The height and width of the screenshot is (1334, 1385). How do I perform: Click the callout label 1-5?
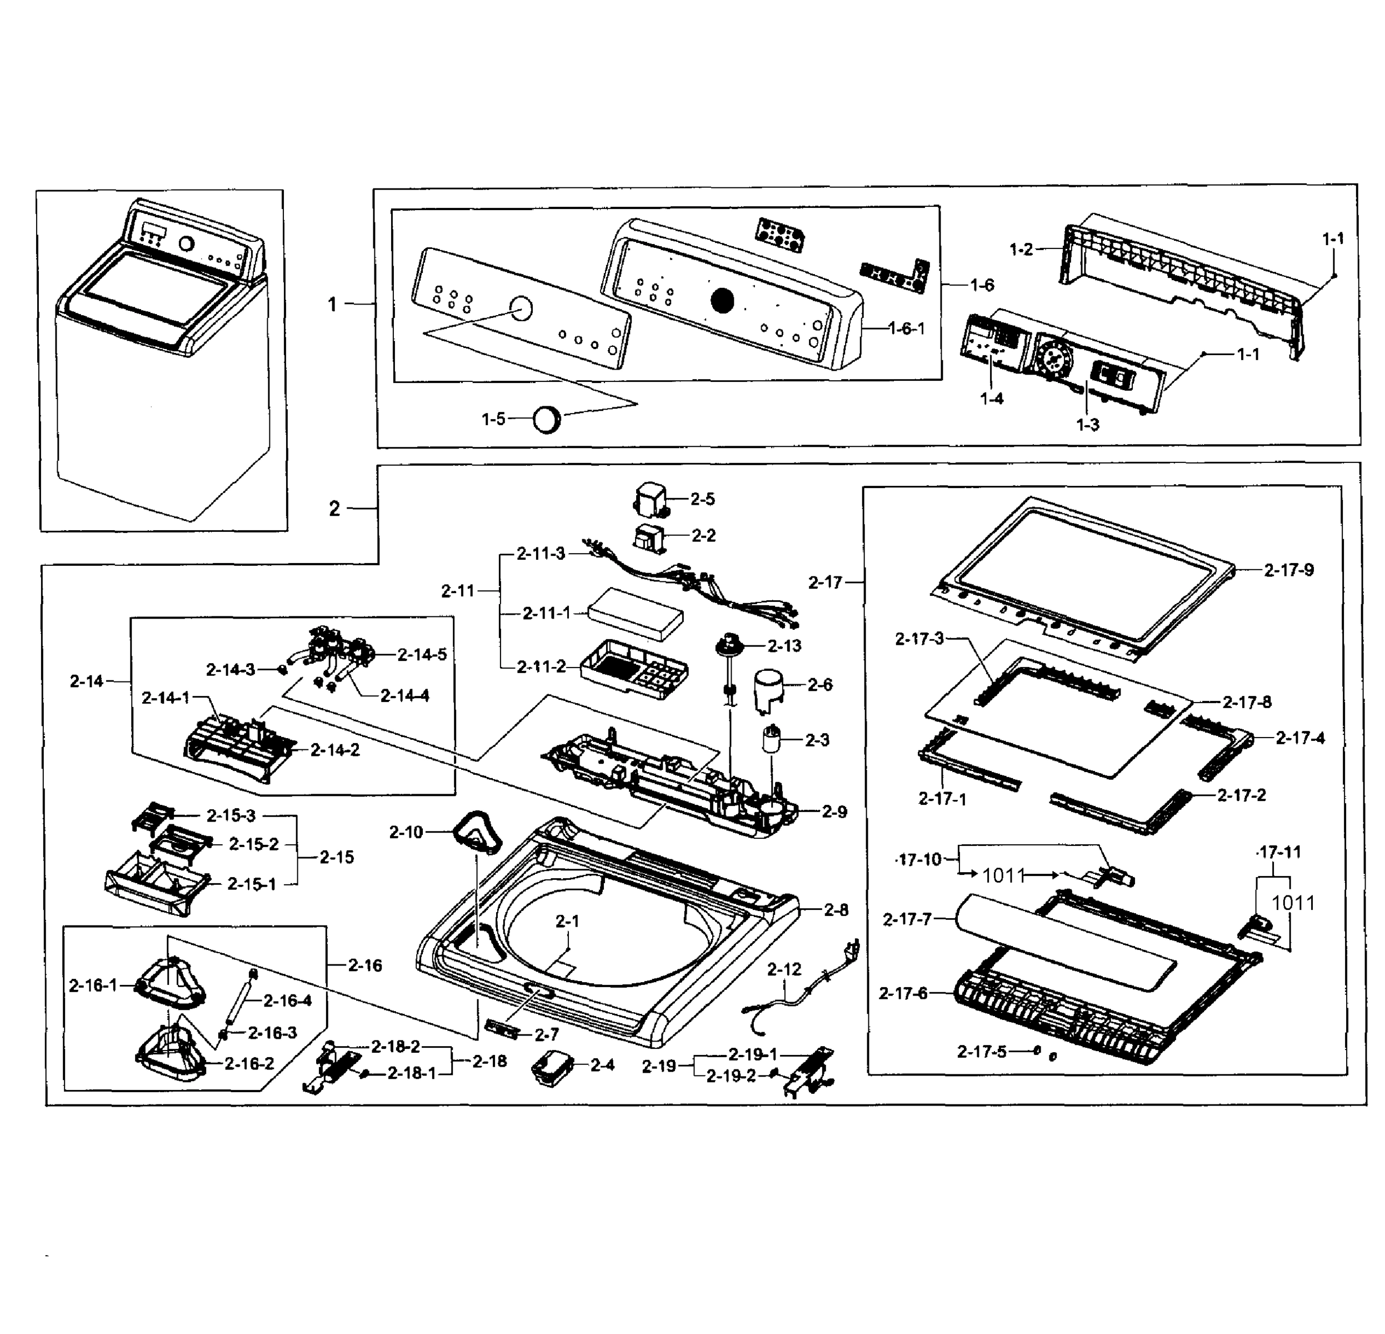tap(493, 419)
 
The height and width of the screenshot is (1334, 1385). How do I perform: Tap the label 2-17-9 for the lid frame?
tap(1288, 570)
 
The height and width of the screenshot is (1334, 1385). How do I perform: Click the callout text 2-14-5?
tap(422, 655)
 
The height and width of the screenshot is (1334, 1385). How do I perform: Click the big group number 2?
tap(334, 508)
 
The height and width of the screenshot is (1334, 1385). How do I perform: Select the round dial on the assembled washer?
tap(187, 244)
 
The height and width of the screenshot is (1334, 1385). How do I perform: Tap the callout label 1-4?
tap(992, 399)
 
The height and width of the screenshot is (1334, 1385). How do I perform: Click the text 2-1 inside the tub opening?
tap(567, 921)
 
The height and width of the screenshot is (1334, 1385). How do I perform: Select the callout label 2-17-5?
tap(982, 1052)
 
